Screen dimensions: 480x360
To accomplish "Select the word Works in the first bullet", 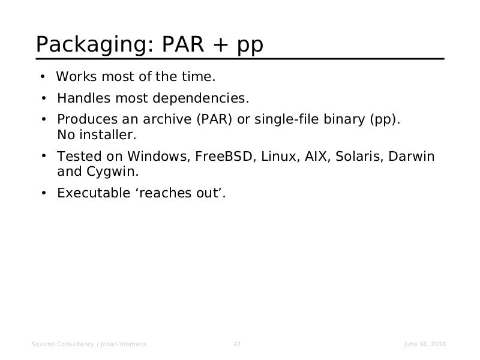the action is [76, 77].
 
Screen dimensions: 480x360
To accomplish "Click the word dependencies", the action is [201, 98].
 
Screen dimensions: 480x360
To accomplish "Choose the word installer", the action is [108, 134].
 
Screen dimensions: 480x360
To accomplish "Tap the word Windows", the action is [158, 156].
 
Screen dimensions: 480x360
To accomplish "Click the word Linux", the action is [280, 156].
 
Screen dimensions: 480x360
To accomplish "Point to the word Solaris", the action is [359, 156].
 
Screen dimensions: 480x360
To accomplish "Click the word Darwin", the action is [412, 156].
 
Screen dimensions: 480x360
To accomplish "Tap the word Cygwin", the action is [113, 172].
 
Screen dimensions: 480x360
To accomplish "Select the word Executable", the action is [94, 193].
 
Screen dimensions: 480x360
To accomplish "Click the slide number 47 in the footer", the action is [237, 344].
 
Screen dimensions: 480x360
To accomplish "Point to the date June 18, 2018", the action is [425, 344].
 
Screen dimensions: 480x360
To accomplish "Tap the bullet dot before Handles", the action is [44, 98].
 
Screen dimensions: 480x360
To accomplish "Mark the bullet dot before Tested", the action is [44, 156].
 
